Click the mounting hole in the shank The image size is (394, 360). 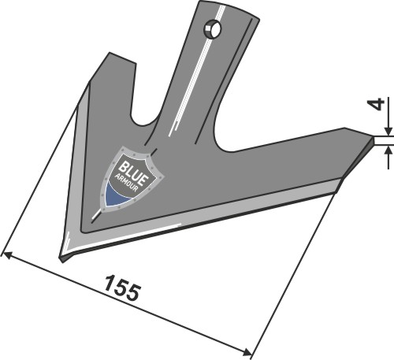(211, 31)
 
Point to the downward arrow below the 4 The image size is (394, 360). (386, 131)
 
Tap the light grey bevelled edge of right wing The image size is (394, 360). (236, 206)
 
